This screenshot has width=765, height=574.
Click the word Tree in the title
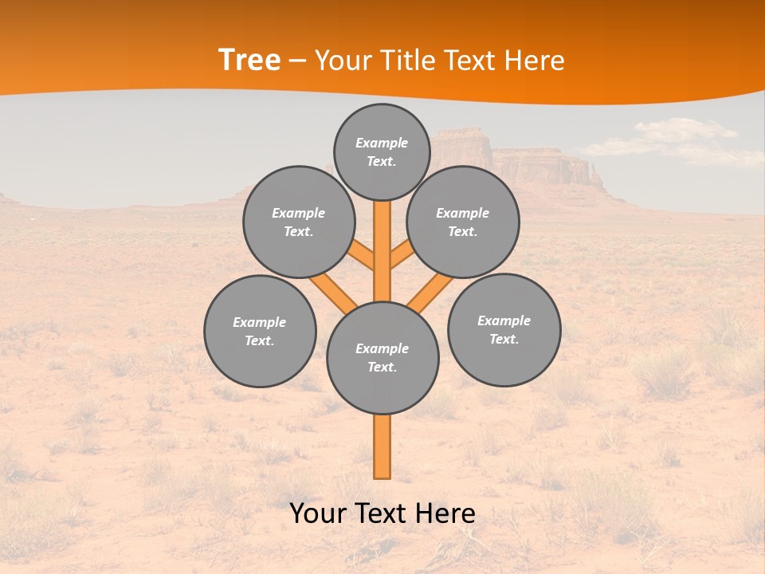[249, 61]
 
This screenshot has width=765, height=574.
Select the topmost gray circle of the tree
[382, 151]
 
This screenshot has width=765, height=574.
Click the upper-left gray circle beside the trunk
[298, 222]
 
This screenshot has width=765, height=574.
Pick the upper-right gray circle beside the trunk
[463, 222]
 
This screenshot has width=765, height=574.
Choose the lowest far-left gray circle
[260, 331]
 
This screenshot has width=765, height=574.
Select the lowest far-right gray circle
[504, 329]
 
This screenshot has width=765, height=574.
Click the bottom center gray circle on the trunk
[382, 357]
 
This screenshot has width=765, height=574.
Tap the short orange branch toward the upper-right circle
[401, 257]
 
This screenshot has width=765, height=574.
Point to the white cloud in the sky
[677, 140]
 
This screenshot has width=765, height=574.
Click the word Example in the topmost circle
[382, 143]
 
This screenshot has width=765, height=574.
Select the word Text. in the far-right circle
[504, 339]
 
